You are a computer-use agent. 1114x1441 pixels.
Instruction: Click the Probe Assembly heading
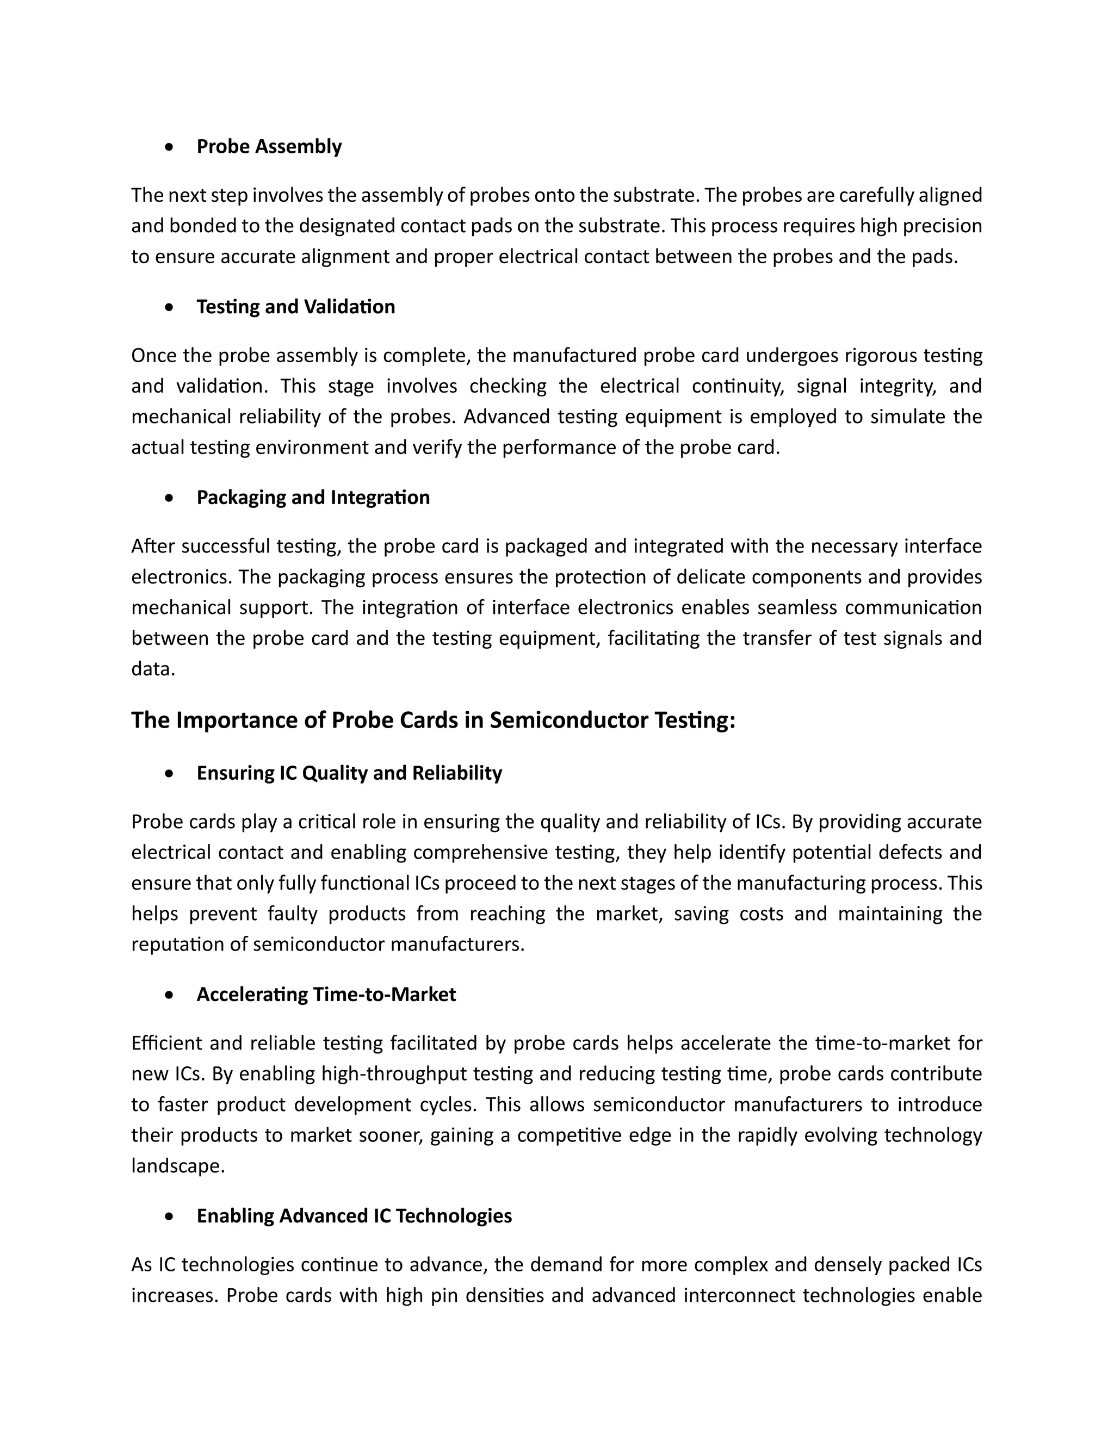269,146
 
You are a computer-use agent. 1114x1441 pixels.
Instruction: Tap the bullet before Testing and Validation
170,307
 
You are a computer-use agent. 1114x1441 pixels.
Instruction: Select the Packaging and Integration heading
313,498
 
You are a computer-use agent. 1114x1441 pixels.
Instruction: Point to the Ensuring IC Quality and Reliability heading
349,773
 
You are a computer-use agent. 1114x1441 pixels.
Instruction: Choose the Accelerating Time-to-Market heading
326,995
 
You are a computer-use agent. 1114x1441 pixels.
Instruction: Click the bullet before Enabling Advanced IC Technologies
170,1216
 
